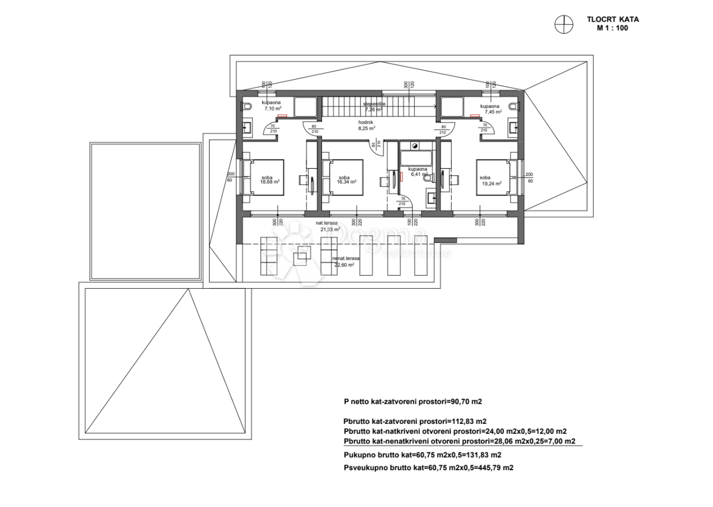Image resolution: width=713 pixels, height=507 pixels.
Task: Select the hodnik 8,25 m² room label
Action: click(x=366, y=125)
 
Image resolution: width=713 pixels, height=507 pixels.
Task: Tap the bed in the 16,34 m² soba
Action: click(x=342, y=177)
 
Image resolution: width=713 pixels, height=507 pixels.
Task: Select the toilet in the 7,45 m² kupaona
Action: click(x=515, y=107)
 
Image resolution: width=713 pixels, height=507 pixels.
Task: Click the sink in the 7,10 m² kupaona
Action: click(x=247, y=127)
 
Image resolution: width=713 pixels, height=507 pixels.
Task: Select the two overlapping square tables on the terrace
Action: click(x=301, y=257)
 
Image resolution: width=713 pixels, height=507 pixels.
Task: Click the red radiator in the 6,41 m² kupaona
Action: click(x=401, y=176)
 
